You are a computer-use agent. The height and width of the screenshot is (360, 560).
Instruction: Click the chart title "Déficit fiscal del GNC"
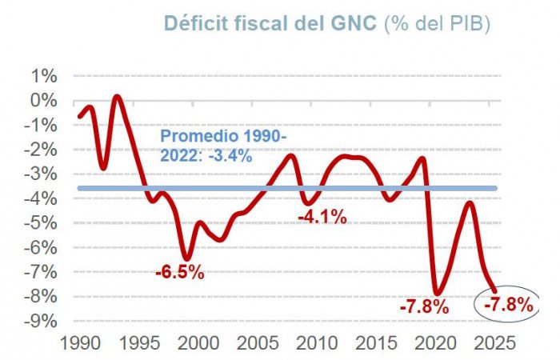(x=270, y=23)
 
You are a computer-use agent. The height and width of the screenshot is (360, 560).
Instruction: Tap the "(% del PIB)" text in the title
(x=437, y=23)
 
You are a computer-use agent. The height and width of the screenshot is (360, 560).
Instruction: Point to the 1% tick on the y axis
(x=44, y=76)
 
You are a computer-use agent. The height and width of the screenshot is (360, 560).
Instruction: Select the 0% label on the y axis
(x=44, y=101)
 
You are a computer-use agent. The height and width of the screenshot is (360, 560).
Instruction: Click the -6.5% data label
(x=180, y=273)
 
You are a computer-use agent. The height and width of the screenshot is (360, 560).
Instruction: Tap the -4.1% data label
(x=322, y=216)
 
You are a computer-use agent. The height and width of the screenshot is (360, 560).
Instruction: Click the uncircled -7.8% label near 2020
(x=424, y=306)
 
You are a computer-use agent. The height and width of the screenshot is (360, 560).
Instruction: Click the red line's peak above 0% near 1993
(x=117, y=97)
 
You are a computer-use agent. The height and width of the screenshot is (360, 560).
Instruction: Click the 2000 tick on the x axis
(x=200, y=342)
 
